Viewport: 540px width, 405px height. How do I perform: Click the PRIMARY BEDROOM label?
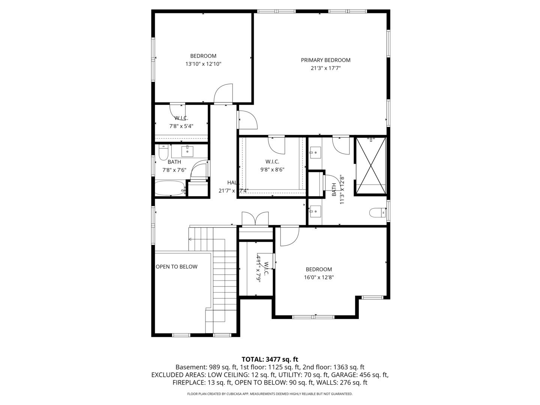[325, 60]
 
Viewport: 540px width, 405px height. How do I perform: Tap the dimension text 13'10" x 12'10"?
[203, 64]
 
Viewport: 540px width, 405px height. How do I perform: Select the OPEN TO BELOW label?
[176, 267]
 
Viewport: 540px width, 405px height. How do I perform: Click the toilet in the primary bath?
[377, 213]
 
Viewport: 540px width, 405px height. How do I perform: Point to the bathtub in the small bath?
[170, 188]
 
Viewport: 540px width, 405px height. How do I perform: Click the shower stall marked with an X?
[370, 166]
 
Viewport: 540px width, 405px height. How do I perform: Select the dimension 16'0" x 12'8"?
[319, 277]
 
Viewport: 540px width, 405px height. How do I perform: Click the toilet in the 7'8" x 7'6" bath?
[163, 153]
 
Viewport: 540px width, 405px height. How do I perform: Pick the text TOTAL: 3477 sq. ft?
[270, 359]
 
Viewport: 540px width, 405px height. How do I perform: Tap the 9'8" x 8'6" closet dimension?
[272, 169]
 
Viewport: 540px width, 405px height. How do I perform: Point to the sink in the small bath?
[187, 151]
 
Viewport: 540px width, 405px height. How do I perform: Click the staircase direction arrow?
[191, 239]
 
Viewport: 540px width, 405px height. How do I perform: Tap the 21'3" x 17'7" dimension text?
[325, 68]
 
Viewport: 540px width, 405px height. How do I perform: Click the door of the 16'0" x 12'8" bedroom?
[289, 236]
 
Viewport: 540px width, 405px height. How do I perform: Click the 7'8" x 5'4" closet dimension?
[181, 126]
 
